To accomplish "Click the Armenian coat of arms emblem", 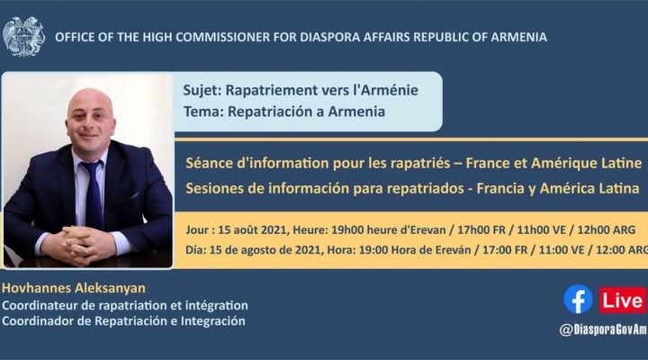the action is (23, 37).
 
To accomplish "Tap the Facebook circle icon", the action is (578, 299).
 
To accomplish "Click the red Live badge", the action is (623, 300).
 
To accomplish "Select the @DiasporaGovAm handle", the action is (602, 329).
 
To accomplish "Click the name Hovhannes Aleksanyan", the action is (74, 288).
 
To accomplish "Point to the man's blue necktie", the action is (94, 193).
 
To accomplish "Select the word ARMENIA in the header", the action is (518, 37).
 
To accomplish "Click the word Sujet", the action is (202, 91).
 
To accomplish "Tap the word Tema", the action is (203, 112).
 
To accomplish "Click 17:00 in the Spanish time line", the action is (497, 250).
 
